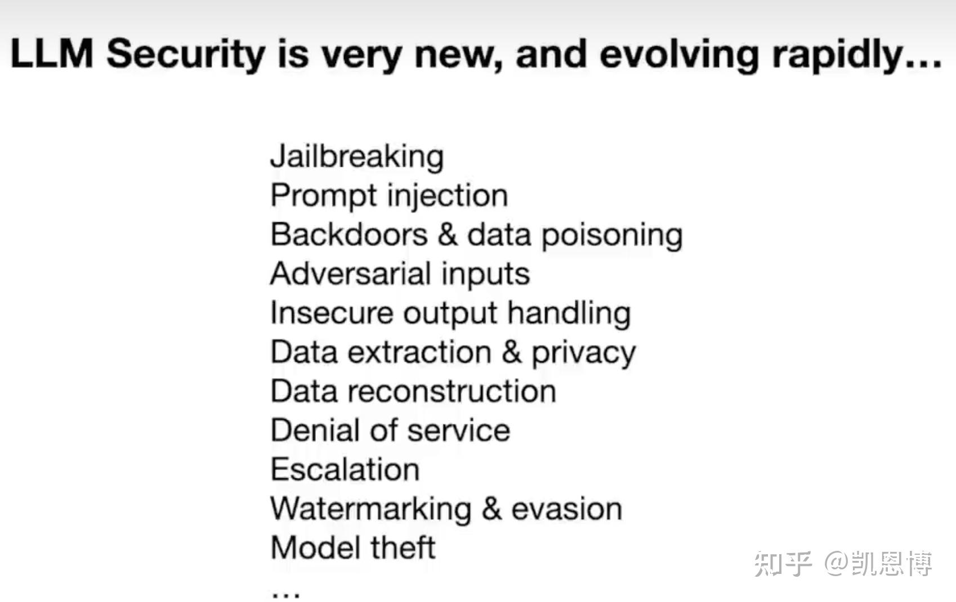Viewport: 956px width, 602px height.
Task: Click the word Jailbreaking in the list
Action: (357, 158)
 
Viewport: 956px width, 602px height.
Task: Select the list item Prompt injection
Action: (389, 196)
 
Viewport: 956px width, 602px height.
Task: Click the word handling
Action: (569, 314)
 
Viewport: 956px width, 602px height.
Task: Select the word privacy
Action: (583, 354)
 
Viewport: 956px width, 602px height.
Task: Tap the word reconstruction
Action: (452, 392)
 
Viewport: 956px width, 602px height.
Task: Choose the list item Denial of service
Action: (391, 430)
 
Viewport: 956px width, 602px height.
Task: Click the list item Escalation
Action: (345, 469)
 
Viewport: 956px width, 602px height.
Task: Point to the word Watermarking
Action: (371, 509)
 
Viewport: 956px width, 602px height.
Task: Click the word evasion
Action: (567, 509)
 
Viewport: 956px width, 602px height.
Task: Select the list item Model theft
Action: (353, 547)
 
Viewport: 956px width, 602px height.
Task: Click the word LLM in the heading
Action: (52, 53)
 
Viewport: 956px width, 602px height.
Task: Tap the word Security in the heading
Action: (186, 56)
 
